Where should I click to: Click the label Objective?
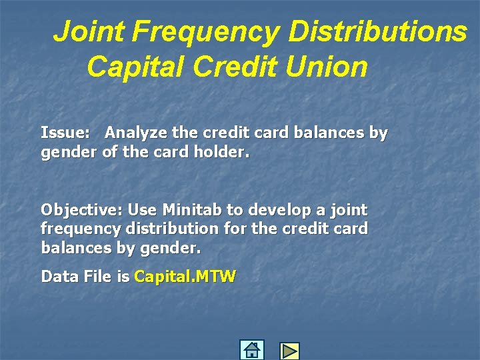pos(81,210)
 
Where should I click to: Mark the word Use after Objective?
pos(140,210)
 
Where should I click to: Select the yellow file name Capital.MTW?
pos(185,276)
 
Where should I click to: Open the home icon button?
pos(251,350)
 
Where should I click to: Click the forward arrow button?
pos(289,351)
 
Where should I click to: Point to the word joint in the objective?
pos(347,210)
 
